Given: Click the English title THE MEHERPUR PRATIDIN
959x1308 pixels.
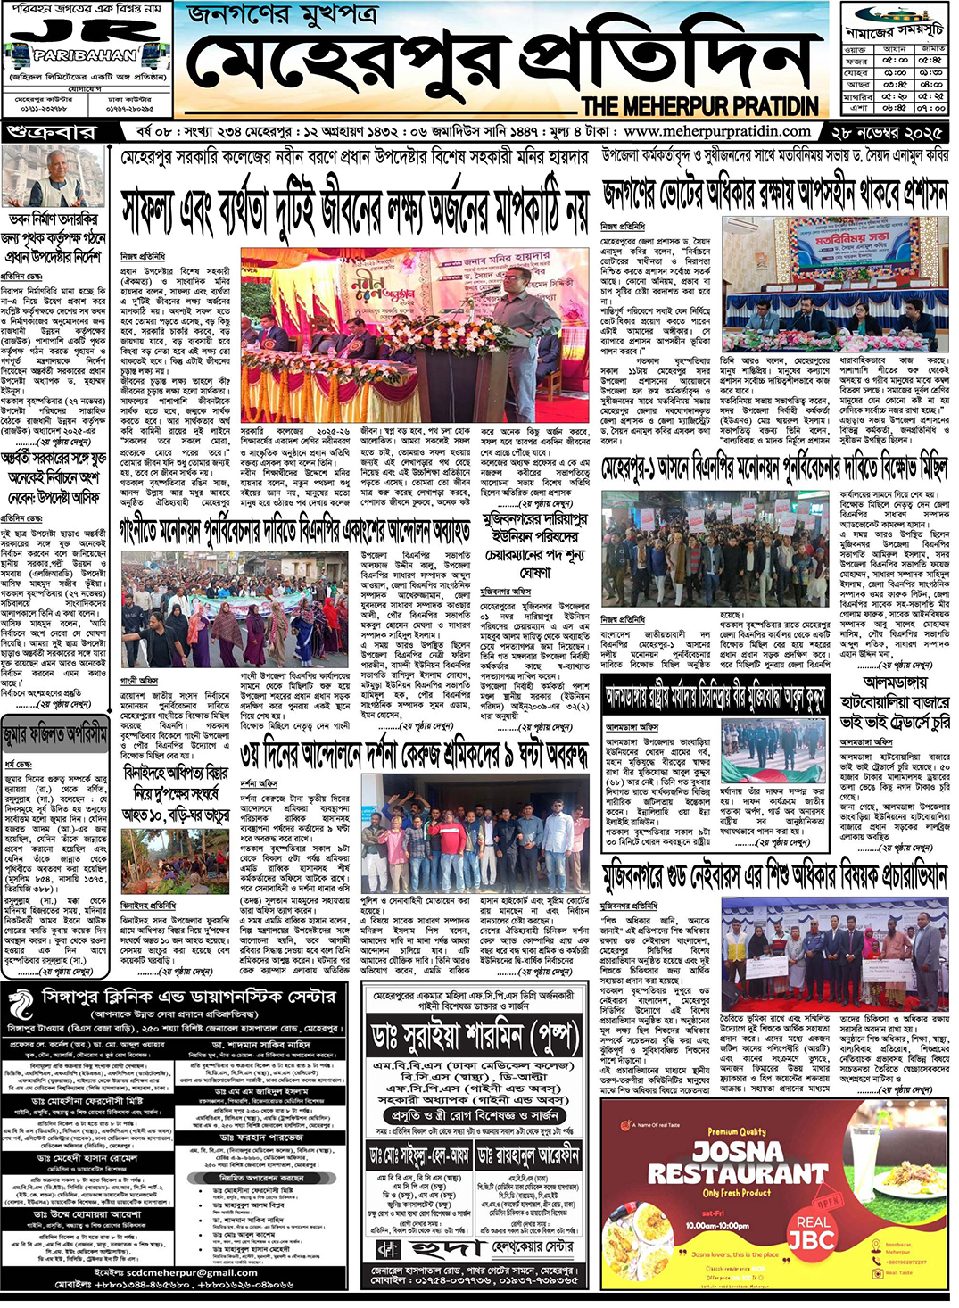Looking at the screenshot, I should click(699, 106).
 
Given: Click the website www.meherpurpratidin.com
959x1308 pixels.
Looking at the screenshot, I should click(719, 131).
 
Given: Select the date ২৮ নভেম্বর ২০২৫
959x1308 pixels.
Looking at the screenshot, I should click(887, 132).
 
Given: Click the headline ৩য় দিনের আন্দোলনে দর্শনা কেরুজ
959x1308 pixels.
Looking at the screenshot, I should click(416, 756).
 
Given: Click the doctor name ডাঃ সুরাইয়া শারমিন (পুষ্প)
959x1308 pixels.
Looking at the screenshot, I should click(475, 1037).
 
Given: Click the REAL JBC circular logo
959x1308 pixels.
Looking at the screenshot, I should click(813, 1232).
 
